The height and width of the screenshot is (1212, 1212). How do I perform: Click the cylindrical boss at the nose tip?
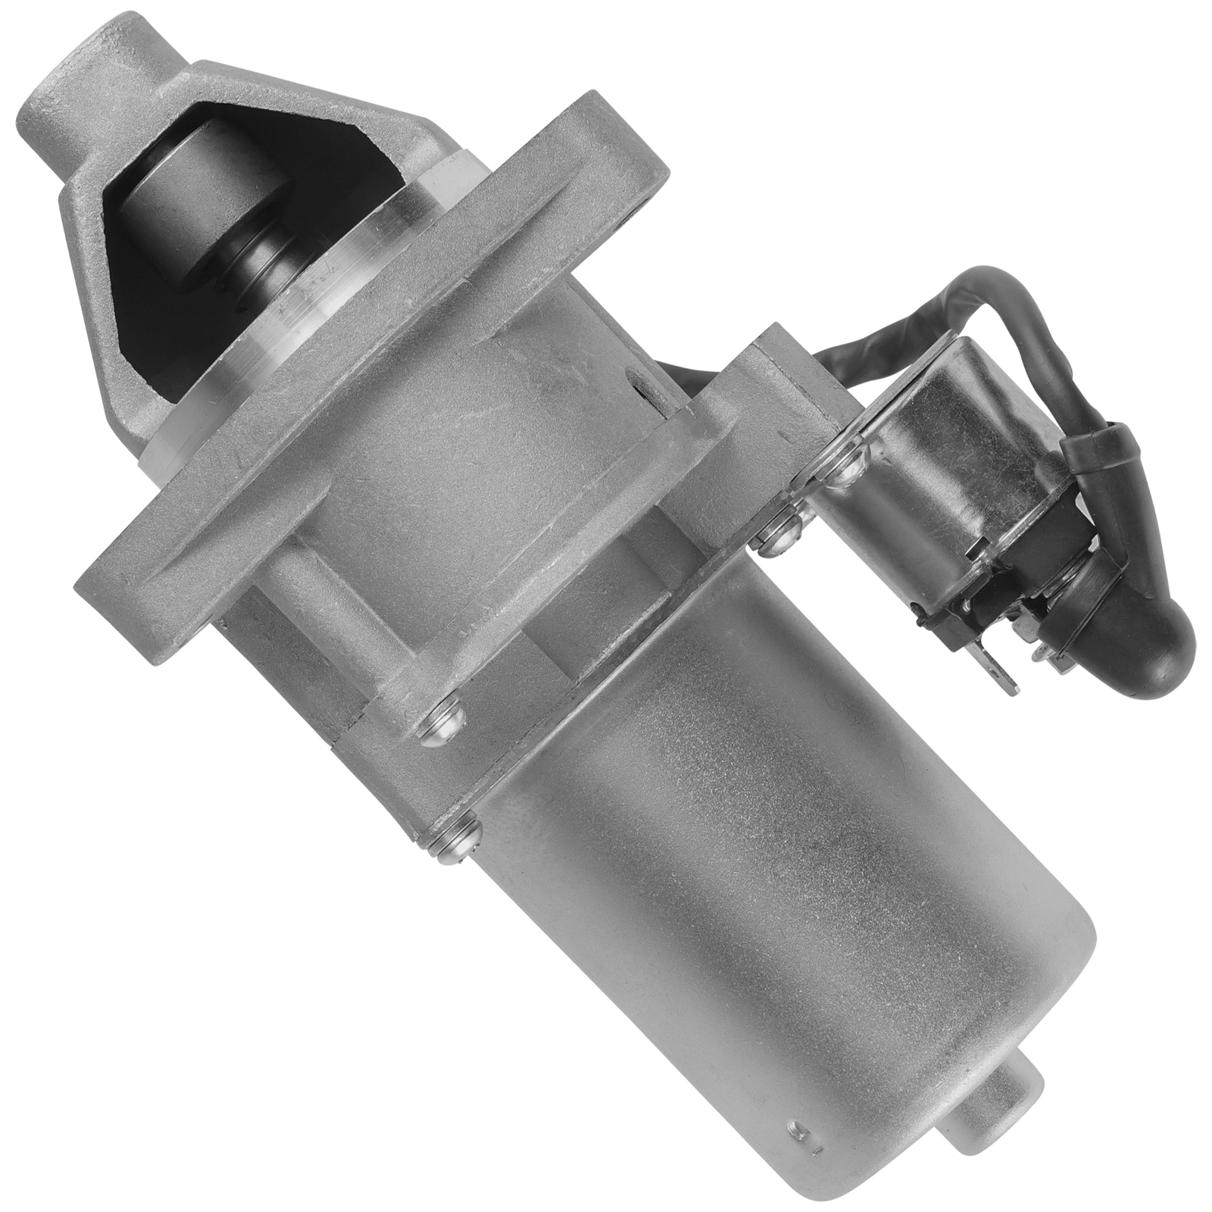tap(57, 91)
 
